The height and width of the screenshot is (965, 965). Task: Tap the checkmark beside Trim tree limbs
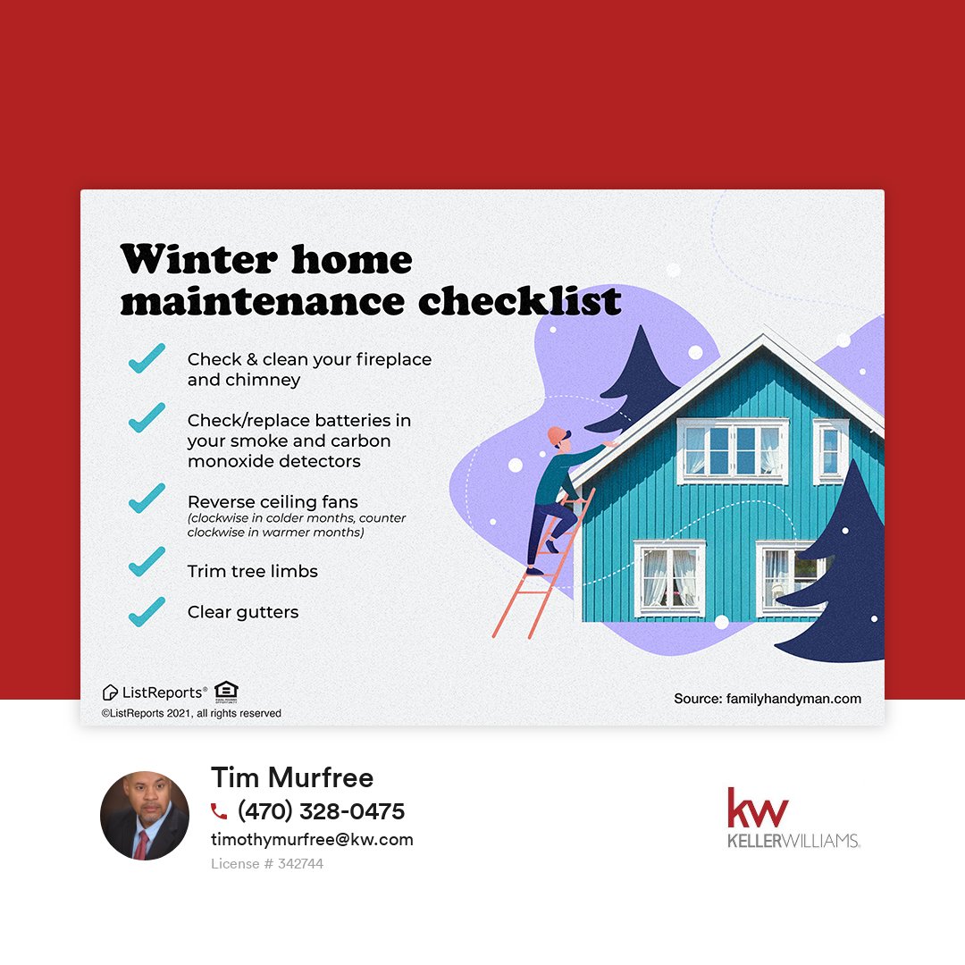click(x=147, y=562)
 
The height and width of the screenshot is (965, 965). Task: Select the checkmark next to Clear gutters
click(x=147, y=611)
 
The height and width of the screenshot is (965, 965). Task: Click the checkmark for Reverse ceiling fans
click(x=147, y=498)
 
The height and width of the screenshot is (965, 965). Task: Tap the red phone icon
click(x=219, y=811)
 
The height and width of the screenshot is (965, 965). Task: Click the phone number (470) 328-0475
click(x=321, y=811)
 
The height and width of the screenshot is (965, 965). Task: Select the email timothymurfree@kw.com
click(x=312, y=840)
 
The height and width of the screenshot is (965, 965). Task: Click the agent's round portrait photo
click(x=145, y=816)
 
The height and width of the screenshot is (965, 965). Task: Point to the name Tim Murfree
click(x=292, y=777)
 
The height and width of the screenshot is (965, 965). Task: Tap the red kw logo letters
click(x=758, y=808)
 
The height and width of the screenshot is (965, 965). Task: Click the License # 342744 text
click(x=267, y=864)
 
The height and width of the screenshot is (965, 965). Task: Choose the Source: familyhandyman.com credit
click(x=768, y=699)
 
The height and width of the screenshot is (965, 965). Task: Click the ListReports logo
click(x=155, y=692)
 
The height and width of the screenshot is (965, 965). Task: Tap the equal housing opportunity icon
click(x=226, y=691)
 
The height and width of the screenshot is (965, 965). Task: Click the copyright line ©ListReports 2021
click(x=191, y=713)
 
